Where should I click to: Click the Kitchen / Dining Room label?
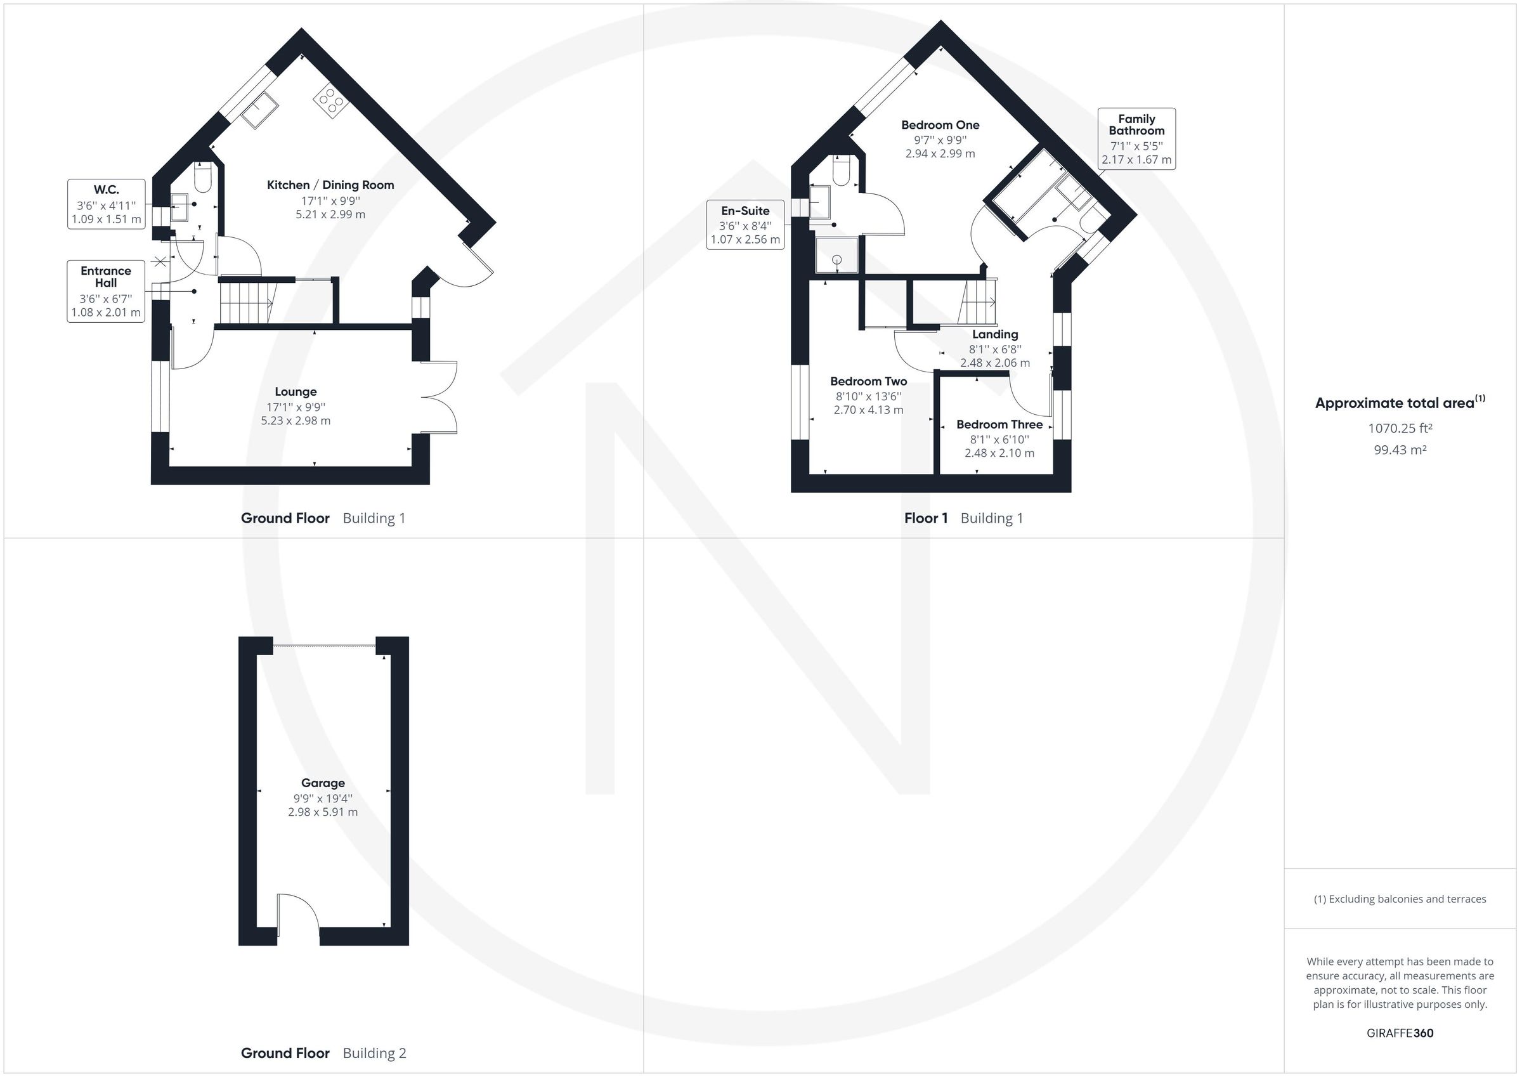click(x=330, y=185)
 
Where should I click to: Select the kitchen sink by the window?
click(x=260, y=111)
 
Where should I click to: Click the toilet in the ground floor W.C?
click(x=203, y=178)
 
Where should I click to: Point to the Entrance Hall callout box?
click(x=106, y=291)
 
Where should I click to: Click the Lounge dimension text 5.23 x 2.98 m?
click(x=296, y=421)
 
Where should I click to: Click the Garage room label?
click(x=323, y=783)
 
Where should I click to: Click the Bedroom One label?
click(x=940, y=125)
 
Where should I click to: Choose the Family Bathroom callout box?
click(x=1136, y=139)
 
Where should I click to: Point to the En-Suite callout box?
click(x=745, y=225)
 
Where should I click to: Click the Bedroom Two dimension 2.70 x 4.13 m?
click(x=868, y=410)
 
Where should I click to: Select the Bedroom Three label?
click(x=999, y=424)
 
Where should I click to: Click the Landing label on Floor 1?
click(x=995, y=334)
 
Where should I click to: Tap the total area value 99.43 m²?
click(x=1400, y=450)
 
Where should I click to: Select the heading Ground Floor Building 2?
click(x=323, y=1052)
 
